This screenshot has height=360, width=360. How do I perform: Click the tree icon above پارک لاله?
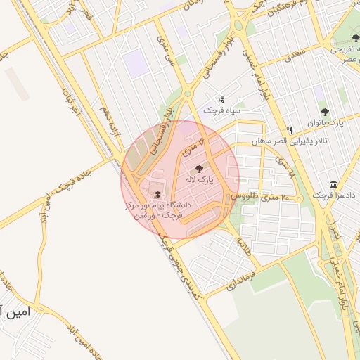click(198, 169)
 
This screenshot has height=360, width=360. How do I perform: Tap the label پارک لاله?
click(199, 180)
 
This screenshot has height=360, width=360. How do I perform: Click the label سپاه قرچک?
click(222, 110)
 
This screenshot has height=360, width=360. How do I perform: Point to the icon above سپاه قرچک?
click(222, 100)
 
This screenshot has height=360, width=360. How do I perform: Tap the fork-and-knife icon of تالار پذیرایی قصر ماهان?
click(289, 131)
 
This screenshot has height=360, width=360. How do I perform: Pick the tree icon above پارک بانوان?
click(324, 111)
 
